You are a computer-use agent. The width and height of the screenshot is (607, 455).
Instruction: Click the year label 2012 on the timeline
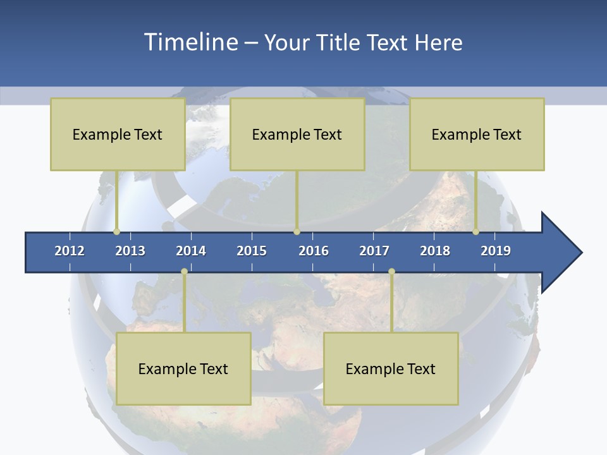pos(70,251)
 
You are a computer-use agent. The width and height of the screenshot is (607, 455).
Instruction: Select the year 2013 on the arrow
pos(130,251)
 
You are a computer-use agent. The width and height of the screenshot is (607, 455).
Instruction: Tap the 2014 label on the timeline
pos(191,251)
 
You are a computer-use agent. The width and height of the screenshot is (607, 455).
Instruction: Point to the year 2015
pos(252,251)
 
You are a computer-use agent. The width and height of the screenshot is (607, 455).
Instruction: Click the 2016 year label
pos(314,251)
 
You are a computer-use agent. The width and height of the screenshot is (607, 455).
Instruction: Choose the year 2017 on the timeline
pos(374,251)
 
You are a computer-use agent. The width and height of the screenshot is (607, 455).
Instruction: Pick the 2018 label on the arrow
pos(435,251)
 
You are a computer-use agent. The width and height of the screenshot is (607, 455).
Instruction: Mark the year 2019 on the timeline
pos(496,251)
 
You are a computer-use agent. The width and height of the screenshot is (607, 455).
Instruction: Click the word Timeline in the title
pos(189,42)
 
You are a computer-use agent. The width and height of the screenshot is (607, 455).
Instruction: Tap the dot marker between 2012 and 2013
pos(117,231)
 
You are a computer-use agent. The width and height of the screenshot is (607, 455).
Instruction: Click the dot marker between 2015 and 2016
pos(297,231)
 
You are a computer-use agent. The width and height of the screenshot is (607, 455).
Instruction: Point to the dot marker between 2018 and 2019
pos(476,231)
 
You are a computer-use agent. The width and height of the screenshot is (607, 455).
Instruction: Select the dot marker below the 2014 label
pos(184,272)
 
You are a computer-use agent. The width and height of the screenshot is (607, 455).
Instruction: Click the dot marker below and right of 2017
pos(391,272)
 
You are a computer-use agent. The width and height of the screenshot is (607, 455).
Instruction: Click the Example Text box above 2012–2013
pos(118,134)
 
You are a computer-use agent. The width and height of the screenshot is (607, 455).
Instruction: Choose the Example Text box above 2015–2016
pos(297,134)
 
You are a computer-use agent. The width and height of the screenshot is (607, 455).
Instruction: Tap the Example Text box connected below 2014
pos(183,368)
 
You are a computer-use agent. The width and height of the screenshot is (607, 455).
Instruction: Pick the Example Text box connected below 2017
pos(391,368)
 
